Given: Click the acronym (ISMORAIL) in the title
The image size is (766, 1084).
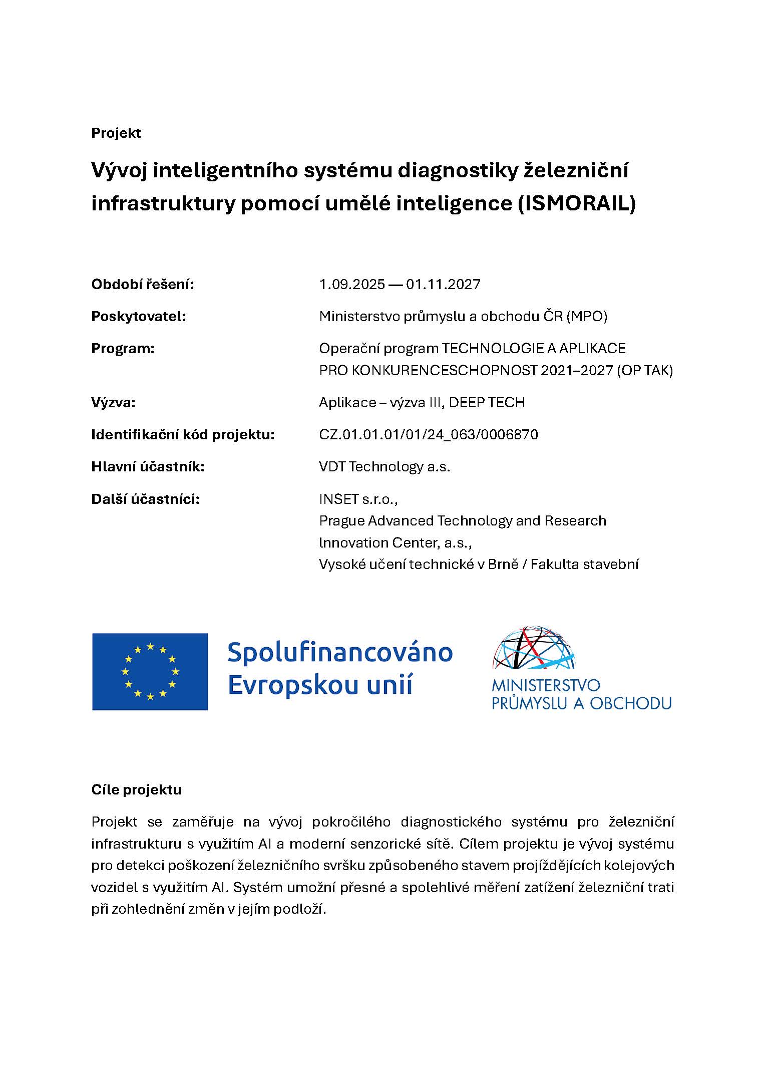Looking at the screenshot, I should click(575, 204).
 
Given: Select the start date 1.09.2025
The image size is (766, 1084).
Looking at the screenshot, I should click(352, 285).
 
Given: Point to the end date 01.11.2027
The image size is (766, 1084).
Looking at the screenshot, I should click(443, 285).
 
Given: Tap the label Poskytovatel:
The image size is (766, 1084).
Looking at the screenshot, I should click(138, 317).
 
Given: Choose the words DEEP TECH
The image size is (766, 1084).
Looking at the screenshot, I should click(487, 402).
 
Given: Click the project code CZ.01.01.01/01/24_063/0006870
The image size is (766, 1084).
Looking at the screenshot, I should click(429, 434).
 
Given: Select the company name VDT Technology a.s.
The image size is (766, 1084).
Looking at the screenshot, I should click(385, 467).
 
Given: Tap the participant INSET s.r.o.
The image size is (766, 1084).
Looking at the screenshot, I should click(358, 499).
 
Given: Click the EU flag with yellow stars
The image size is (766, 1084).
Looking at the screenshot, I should click(150, 671).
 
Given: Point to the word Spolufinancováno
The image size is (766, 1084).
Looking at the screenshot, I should click(340, 652).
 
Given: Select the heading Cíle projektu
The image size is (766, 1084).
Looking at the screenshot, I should click(136, 790).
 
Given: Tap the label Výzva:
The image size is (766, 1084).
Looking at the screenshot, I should click(113, 402).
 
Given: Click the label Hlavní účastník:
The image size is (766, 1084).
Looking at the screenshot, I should click(148, 467).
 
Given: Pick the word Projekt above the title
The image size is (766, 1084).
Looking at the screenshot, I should click(116, 133).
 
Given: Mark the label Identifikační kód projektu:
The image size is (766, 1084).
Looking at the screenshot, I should click(183, 434).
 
